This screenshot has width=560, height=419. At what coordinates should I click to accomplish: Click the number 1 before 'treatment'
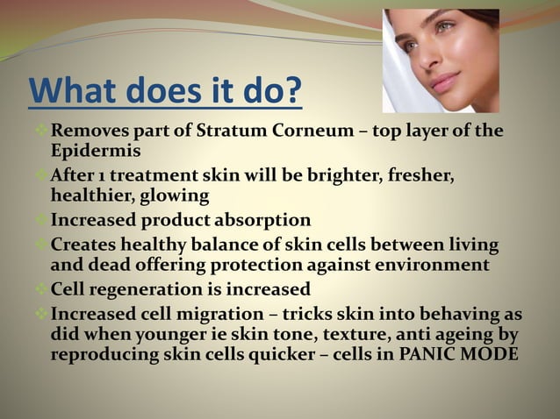click(x=100, y=175)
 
